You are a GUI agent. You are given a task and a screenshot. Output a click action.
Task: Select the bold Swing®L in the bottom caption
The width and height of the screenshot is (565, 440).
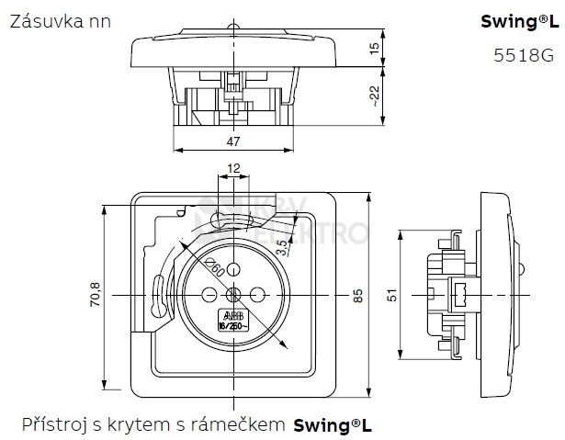click(x=333, y=424)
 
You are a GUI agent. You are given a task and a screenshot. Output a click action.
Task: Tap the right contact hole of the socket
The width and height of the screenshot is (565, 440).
click(x=257, y=295)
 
